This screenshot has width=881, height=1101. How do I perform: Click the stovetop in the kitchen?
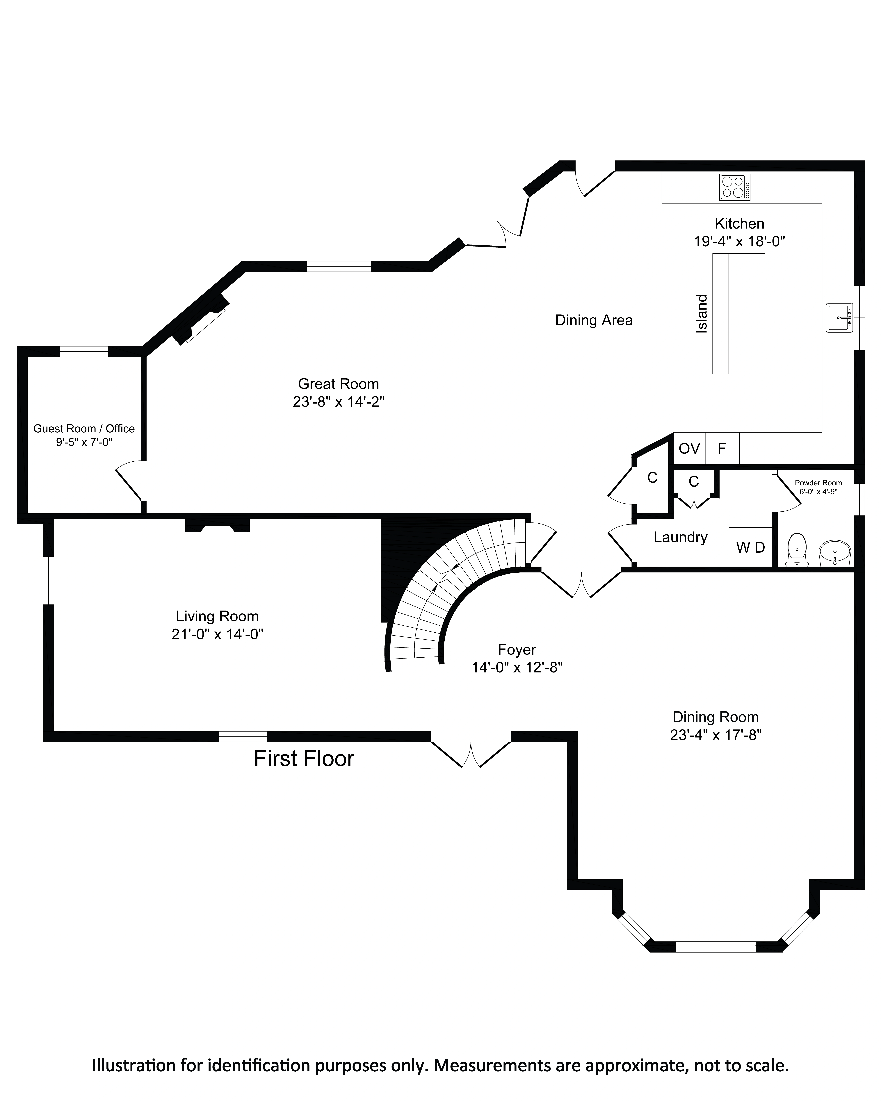(x=735, y=187)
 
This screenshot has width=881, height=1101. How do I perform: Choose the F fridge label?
(x=722, y=448)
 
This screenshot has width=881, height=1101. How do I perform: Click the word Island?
(x=702, y=314)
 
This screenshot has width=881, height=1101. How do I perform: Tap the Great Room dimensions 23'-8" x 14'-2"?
(x=338, y=402)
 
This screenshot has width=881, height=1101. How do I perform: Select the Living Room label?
(x=217, y=616)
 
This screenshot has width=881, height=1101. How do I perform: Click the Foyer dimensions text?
(x=517, y=668)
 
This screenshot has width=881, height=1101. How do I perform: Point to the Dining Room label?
(x=716, y=717)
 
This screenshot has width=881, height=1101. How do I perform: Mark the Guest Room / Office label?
(x=84, y=428)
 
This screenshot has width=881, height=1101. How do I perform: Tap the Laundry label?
(x=680, y=537)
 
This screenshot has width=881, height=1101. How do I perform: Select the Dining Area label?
(x=594, y=320)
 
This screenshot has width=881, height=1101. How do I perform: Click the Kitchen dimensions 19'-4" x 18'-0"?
(x=739, y=241)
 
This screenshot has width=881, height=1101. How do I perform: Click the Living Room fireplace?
(x=217, y=526)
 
